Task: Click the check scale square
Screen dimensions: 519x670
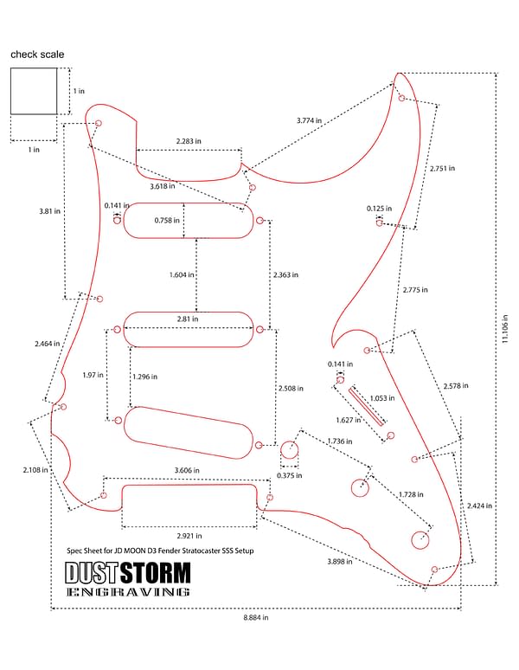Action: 34,68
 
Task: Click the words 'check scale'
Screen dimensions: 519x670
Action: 37,55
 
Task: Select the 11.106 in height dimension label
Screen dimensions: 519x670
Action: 505,329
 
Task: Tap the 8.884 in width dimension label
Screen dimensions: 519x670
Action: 256,617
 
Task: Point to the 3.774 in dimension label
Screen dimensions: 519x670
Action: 309,120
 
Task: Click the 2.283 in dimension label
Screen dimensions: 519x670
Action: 189,141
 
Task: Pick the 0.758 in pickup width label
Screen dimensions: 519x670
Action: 167,220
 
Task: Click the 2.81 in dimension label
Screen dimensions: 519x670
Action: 188,319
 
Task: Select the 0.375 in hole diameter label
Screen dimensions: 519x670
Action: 290,475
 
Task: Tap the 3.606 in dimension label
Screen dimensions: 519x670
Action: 187,470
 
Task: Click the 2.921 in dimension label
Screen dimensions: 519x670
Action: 189,536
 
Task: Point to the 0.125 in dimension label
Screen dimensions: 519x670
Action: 379,209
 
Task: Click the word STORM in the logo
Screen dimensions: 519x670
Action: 156,573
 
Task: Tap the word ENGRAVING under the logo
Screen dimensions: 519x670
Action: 128,592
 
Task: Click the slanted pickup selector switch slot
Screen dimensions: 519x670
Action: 367,406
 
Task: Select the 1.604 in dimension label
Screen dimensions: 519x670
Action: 182,274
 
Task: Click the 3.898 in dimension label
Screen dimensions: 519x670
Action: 340,561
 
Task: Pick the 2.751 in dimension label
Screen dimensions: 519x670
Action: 442,168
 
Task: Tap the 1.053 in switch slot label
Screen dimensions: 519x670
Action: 382,398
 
